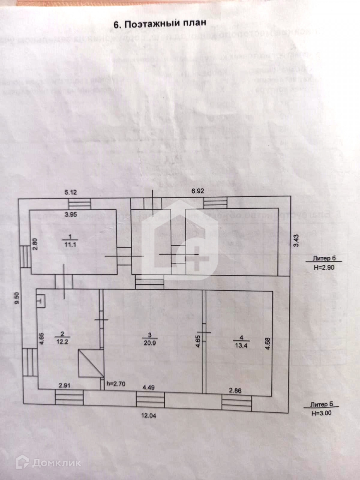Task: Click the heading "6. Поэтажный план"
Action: pos(160,24)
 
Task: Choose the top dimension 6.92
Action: pos(198,191)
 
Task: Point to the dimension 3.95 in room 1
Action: pos(71,214)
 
